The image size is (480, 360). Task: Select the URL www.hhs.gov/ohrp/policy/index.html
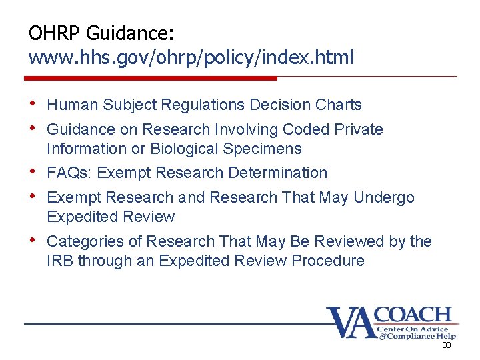pyautogui.click(x=191, y=57)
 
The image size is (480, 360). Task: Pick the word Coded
pyautogui.click(x=305, y=129)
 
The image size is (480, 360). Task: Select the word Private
pyautogui.click(x=357, y=129)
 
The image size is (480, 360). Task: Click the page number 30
pyautogui.click(x=447, y=345)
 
